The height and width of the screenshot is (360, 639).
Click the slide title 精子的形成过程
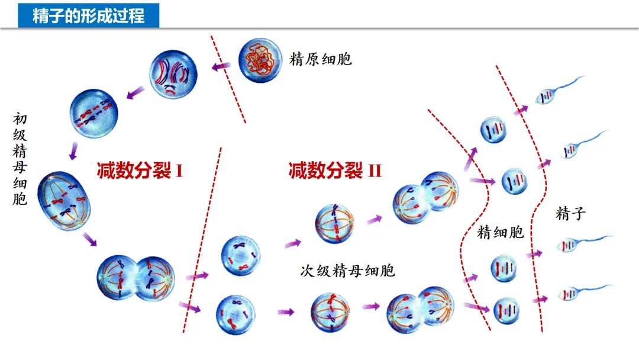pos(88,14)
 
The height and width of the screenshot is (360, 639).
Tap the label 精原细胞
pos(320,59)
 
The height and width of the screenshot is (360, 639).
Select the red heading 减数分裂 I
pos(140,171)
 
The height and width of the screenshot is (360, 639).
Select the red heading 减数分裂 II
pos(335,171)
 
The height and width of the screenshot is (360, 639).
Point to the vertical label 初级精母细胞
pos(20,160)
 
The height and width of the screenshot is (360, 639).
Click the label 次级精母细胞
pos(347,271)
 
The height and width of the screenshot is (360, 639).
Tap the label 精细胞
pos(501,232)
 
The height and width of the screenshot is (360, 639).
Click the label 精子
pos(570,214)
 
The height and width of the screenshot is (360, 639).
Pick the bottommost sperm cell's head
pos(569,293)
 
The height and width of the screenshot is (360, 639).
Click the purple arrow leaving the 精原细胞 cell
pos(222,67)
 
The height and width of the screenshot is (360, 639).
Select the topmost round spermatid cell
pos(493,130)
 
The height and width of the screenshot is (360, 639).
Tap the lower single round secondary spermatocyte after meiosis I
pos(235,311)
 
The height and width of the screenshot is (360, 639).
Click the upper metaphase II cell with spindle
pos(334,224)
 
